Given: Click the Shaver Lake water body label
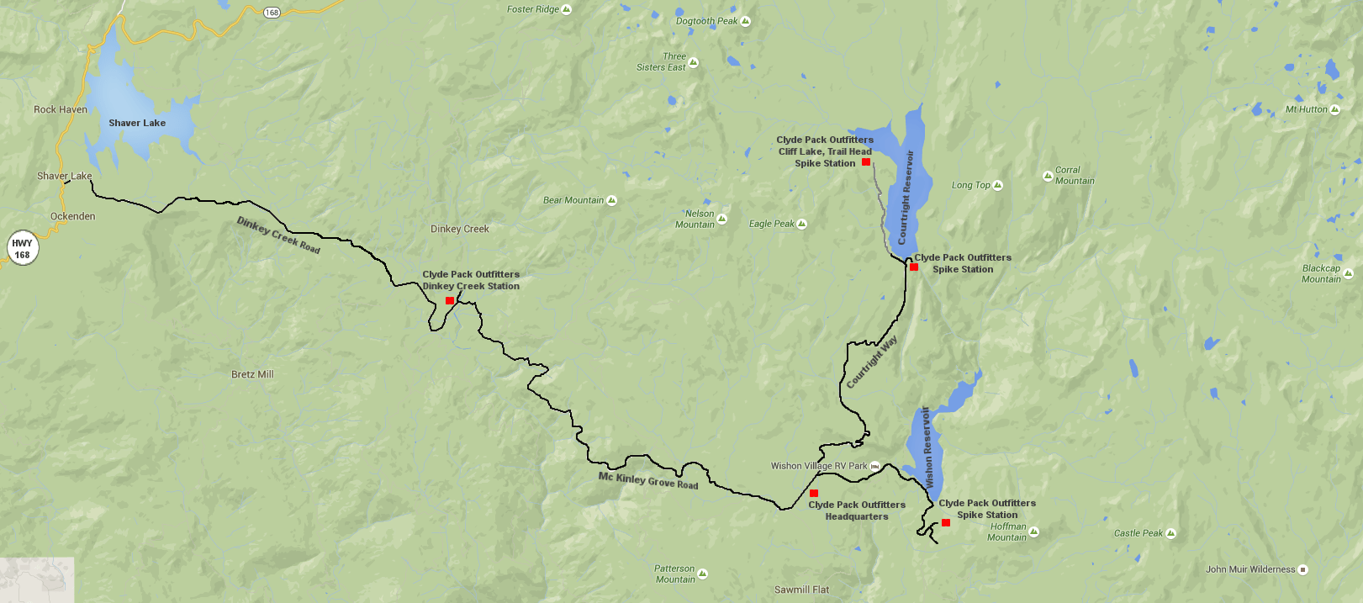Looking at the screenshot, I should (x=137, y=123).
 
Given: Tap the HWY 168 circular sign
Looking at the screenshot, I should (x=22, y=249).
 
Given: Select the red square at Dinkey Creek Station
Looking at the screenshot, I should (x=450, y=300).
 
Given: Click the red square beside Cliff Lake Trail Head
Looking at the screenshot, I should (x=866, y=161).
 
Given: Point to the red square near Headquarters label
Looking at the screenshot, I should (x=814, y=493).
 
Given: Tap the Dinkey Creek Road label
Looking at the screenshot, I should (x=278, y=235).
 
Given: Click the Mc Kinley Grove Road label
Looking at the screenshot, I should (x=648, y=480).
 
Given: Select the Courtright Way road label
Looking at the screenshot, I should (x=872, y=362).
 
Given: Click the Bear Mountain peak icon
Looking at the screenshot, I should (x=611, y=200).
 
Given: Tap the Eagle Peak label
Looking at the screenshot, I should (x=772, y=224).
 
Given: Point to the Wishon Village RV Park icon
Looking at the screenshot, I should (x=874, y=466).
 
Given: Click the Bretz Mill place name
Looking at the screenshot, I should (x=252, y=374).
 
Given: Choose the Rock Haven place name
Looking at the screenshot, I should (x=61, y=109).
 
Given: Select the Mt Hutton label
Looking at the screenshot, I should (x=1306, y=109).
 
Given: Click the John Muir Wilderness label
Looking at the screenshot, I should (x=1250, y=569).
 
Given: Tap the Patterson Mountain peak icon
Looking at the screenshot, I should (x=702, y=574).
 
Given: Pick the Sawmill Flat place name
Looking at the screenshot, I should (x=801, y=590).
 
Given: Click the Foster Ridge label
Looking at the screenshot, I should (x=533, y=9).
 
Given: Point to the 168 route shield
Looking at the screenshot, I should (x=272, y=12).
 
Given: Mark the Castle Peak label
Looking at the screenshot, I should (x=1138, y=533).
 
